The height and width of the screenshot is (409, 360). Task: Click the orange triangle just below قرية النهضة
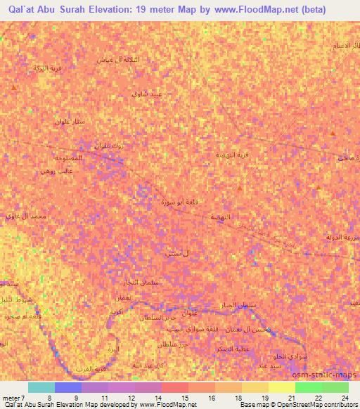click(240, 189)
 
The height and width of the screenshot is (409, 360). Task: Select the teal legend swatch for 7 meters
click(41, 387)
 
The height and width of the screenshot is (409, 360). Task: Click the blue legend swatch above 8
click(67, 387)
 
